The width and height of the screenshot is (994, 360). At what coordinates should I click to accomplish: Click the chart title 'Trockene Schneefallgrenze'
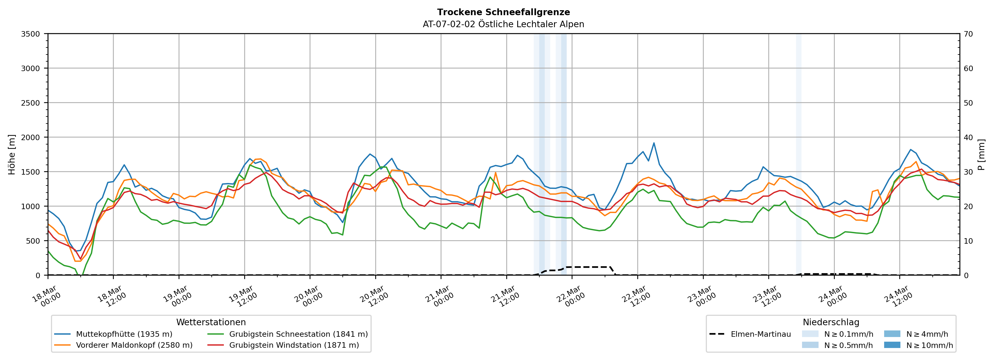pos(503,12)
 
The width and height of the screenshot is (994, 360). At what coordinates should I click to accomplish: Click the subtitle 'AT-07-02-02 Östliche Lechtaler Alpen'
pos(503,24)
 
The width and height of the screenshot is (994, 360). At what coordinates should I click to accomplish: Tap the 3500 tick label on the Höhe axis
pos(30,34)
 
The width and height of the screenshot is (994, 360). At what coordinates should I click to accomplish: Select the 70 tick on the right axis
pos(968,34)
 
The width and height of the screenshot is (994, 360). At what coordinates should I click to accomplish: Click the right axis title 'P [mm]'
pos(981,154)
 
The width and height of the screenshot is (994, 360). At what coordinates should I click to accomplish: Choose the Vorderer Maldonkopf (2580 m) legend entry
pos(134,345)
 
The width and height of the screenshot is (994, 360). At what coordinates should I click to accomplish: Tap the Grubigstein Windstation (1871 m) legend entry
pos(294,345)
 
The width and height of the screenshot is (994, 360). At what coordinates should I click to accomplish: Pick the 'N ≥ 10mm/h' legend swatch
pos(892,345)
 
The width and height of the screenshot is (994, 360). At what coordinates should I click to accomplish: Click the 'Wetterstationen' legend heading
pos(211,322)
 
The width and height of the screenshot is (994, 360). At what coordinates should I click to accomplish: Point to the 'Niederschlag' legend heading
pos(831,322)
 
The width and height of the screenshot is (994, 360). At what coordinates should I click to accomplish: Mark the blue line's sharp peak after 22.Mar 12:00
pos(654,143)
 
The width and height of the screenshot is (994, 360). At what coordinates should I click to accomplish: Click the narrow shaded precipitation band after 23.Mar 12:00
pos(798,154)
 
